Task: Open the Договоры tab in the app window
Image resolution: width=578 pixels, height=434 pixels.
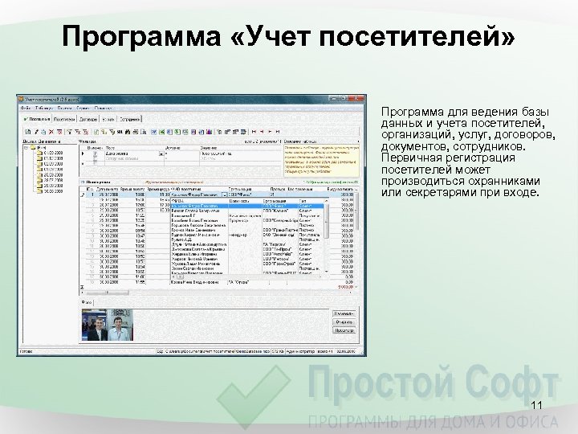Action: point(88,118)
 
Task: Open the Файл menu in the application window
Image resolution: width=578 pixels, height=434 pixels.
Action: point(26,107)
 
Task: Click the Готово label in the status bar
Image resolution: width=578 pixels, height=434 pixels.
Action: point(26,351)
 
